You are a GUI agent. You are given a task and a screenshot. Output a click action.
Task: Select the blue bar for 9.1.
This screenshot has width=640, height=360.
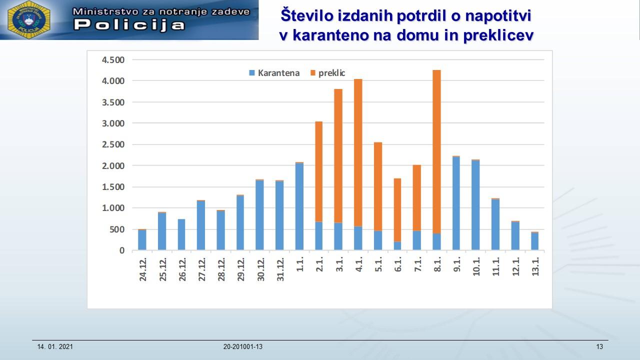pyautogui.click(x=456, y=203)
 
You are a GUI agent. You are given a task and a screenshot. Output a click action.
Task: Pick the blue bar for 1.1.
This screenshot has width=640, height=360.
pyautogui.click(x=299, y=206)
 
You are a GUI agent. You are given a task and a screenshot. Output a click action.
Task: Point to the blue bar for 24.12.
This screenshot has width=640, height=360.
pyautogui.click(x=142, y=240)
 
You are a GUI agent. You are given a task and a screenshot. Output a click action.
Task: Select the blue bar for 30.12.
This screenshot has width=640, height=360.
pyautogui.click(x=259, y=215)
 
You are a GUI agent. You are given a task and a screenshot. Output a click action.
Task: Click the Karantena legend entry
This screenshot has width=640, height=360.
pyautogui.click(x=274, y=73)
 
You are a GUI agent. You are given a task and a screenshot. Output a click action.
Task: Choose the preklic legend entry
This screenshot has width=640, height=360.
pyautogui.click(x=328, y=73)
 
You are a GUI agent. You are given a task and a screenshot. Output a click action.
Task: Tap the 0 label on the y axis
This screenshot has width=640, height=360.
pyautogui.click(x=121, y=250)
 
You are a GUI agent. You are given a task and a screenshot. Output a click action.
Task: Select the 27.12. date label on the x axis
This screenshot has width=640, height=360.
pyautogui.click(x=201, y=270)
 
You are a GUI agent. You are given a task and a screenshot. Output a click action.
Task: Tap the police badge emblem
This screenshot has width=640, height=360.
pyautogui.click(x=28, y=20)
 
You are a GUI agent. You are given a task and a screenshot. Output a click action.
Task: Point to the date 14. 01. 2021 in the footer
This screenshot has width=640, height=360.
pyautogui.click(x=55, y=347)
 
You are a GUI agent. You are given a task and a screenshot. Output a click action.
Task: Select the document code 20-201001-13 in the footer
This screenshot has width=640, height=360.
pyautogui.click(x=243, y=347)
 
